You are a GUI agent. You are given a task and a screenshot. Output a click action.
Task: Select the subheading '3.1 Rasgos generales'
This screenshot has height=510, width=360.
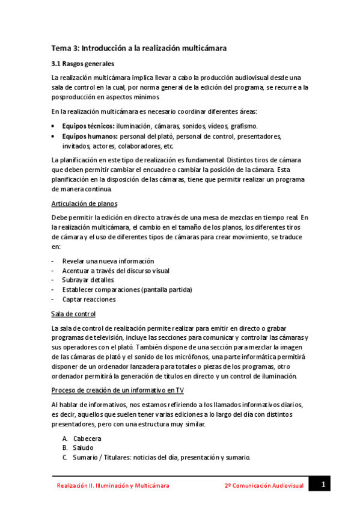(82, 63)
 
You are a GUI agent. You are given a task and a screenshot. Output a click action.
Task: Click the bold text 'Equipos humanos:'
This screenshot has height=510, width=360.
(90, 137)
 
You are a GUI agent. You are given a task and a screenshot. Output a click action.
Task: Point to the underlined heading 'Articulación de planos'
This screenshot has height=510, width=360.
(84, 203)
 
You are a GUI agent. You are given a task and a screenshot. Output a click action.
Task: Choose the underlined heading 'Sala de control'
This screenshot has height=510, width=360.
(73, 314)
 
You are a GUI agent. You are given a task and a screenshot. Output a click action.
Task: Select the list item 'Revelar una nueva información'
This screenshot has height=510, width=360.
(108, 261)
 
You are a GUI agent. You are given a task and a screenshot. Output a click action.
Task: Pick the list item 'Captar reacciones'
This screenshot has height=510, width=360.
(89, 300)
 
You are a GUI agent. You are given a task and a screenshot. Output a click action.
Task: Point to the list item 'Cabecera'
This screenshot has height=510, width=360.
(87, 438)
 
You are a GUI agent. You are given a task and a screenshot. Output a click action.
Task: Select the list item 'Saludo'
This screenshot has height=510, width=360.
(83, 448)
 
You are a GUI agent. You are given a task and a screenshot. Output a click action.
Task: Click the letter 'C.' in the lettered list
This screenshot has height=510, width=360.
(65, 458)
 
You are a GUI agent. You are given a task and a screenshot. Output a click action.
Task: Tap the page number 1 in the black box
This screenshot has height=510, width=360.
(322, 484)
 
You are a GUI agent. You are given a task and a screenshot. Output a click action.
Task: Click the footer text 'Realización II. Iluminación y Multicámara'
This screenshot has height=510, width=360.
(113, 485)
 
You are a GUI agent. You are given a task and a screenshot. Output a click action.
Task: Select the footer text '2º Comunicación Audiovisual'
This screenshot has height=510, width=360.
(264, 485)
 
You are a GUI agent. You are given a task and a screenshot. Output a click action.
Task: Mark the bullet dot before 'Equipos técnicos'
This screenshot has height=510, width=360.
(55, 126)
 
